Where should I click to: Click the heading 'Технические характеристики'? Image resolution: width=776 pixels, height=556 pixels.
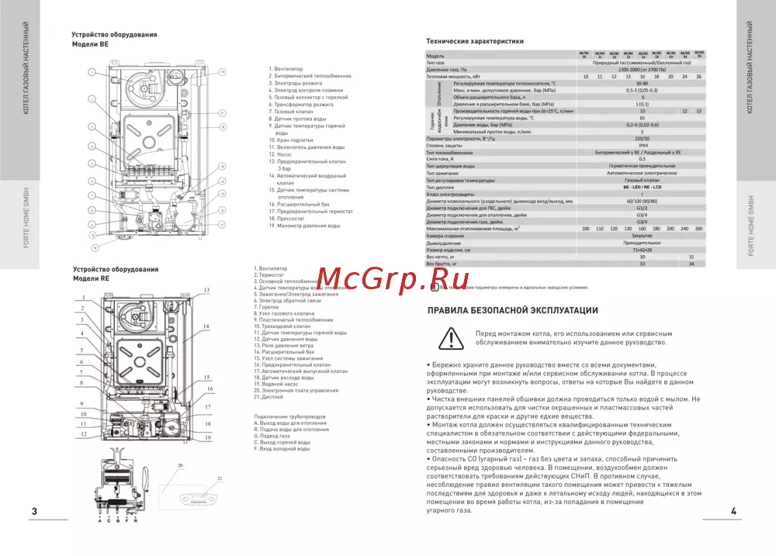click(475, 41)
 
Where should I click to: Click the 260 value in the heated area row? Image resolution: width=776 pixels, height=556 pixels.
click(698, 229)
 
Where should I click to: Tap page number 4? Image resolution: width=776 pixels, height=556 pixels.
click(733, 512)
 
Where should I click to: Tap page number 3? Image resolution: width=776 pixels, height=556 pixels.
click(33, 512)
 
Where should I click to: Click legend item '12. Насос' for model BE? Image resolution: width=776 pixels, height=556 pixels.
click(281, 154)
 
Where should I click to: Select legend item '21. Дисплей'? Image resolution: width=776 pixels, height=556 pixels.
click(268, 396)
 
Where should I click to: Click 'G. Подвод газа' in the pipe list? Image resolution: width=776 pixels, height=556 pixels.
click(272, 436)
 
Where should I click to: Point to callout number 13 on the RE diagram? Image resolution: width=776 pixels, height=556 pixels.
click(206, 289)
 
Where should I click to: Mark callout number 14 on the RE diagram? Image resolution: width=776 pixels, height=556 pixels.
click(206, 326)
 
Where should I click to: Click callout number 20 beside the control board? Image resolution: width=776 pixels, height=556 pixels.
click(180, 464)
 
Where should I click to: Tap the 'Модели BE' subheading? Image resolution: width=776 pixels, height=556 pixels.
click(90, 45)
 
